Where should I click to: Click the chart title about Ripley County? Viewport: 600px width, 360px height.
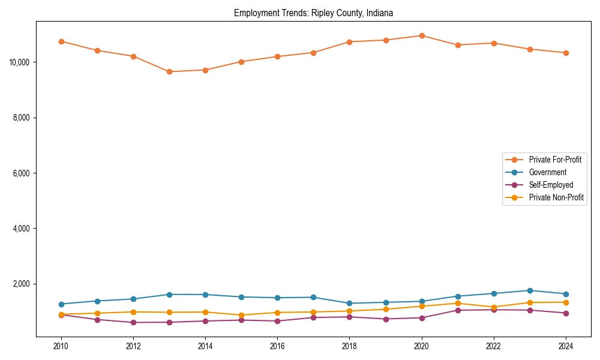(313, 13)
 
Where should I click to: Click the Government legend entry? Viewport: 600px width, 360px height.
(547, 172)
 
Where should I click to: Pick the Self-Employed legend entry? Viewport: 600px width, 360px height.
(551, 185)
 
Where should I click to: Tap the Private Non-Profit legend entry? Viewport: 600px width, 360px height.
(556, 197)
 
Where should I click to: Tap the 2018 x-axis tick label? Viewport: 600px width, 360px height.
(349, 346)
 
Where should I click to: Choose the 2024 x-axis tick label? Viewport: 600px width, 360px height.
(566, 346)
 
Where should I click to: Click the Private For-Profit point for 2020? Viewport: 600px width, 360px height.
(422, 35)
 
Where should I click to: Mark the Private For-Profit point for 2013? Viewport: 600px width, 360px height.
(169, 71)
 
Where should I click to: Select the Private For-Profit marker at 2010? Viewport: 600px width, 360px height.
(61, 41)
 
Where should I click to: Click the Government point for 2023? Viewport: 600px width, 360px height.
(530, 290)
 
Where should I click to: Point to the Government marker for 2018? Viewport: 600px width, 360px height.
(349, 303)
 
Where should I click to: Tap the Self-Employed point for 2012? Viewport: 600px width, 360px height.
(133, 322)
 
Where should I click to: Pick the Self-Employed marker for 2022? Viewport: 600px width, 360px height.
(494, 310)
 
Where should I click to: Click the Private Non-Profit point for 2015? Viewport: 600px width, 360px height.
(241, 315)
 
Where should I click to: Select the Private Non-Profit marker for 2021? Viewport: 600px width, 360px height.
(458, 303)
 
